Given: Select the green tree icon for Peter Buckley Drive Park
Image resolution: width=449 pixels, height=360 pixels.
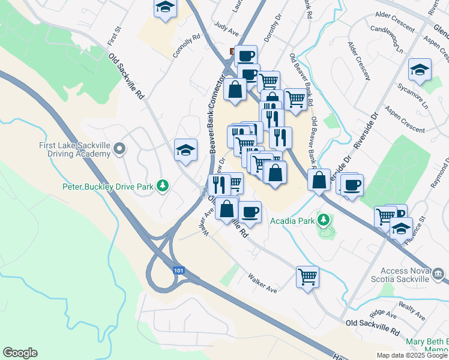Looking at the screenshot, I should [161, 186].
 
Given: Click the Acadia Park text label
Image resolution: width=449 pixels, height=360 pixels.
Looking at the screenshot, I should [292, 221].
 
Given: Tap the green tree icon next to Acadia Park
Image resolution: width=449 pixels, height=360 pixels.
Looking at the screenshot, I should [324, 220].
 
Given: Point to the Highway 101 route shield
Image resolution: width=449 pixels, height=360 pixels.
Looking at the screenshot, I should [178, 271].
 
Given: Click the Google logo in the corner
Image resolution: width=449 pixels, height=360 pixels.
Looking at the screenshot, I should [20, 353].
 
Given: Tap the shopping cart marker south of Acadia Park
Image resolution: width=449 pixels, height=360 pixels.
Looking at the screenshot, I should [307, 277].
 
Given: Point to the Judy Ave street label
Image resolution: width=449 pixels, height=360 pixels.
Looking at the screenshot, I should [226, 27].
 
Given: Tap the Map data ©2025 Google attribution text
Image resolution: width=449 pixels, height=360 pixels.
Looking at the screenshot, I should [412, 355].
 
